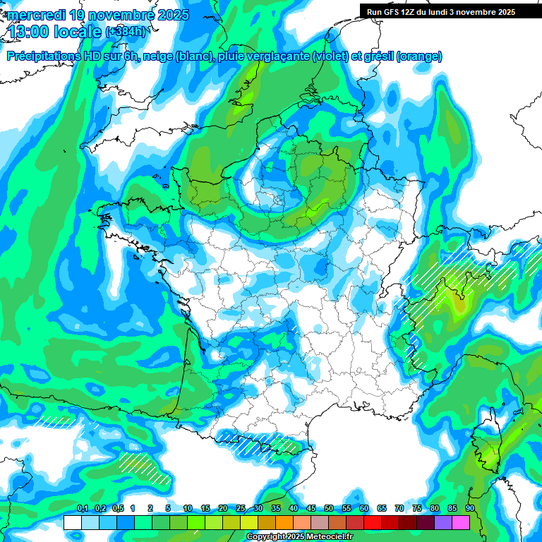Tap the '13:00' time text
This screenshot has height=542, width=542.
click(29, 31)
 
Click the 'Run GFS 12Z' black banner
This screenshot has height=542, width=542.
click(437, 11)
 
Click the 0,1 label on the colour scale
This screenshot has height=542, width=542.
click(82, 509)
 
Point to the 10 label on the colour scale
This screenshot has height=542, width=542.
click(188, 509)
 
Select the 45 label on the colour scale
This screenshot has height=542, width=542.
click(311, 509)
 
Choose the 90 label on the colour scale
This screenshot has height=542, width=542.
click(469, 509)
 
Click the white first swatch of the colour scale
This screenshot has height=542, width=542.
click(72, 522)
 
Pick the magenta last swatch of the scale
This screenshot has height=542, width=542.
click(461, 522)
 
